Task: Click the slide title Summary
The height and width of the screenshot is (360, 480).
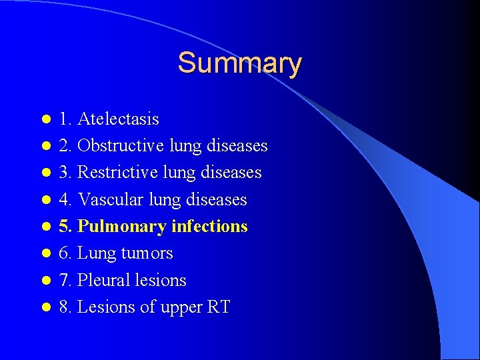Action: [x=239, y=63]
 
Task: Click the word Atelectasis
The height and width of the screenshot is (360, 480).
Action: [x=118, y=119]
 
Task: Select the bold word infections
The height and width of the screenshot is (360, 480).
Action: [x=209, y=227]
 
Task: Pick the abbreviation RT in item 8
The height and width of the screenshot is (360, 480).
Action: [x=217, y=307]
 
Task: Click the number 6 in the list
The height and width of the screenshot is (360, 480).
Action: [x=63, y=253]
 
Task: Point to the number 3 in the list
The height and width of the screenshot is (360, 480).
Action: [x=63, y=173]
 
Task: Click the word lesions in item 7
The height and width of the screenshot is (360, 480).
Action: [x=161, y=280]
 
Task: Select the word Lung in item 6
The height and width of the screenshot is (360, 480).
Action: [x=97, y=253]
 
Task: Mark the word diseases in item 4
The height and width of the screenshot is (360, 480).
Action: [x=217, y=199]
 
